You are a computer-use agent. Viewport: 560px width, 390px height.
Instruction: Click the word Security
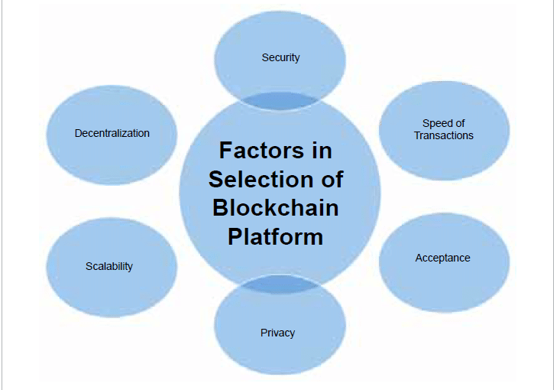280,57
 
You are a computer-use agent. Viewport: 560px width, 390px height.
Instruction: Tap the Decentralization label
112,133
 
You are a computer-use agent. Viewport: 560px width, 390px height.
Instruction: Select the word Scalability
109,266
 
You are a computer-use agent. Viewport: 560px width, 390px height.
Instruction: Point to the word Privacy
277,333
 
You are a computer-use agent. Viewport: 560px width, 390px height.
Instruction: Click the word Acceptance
442,258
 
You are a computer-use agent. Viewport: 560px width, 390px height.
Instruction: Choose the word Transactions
444,135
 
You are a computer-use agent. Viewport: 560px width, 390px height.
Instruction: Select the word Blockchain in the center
276,207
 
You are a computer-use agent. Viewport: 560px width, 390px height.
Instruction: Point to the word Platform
276,236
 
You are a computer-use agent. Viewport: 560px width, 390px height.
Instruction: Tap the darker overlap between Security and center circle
280,99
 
